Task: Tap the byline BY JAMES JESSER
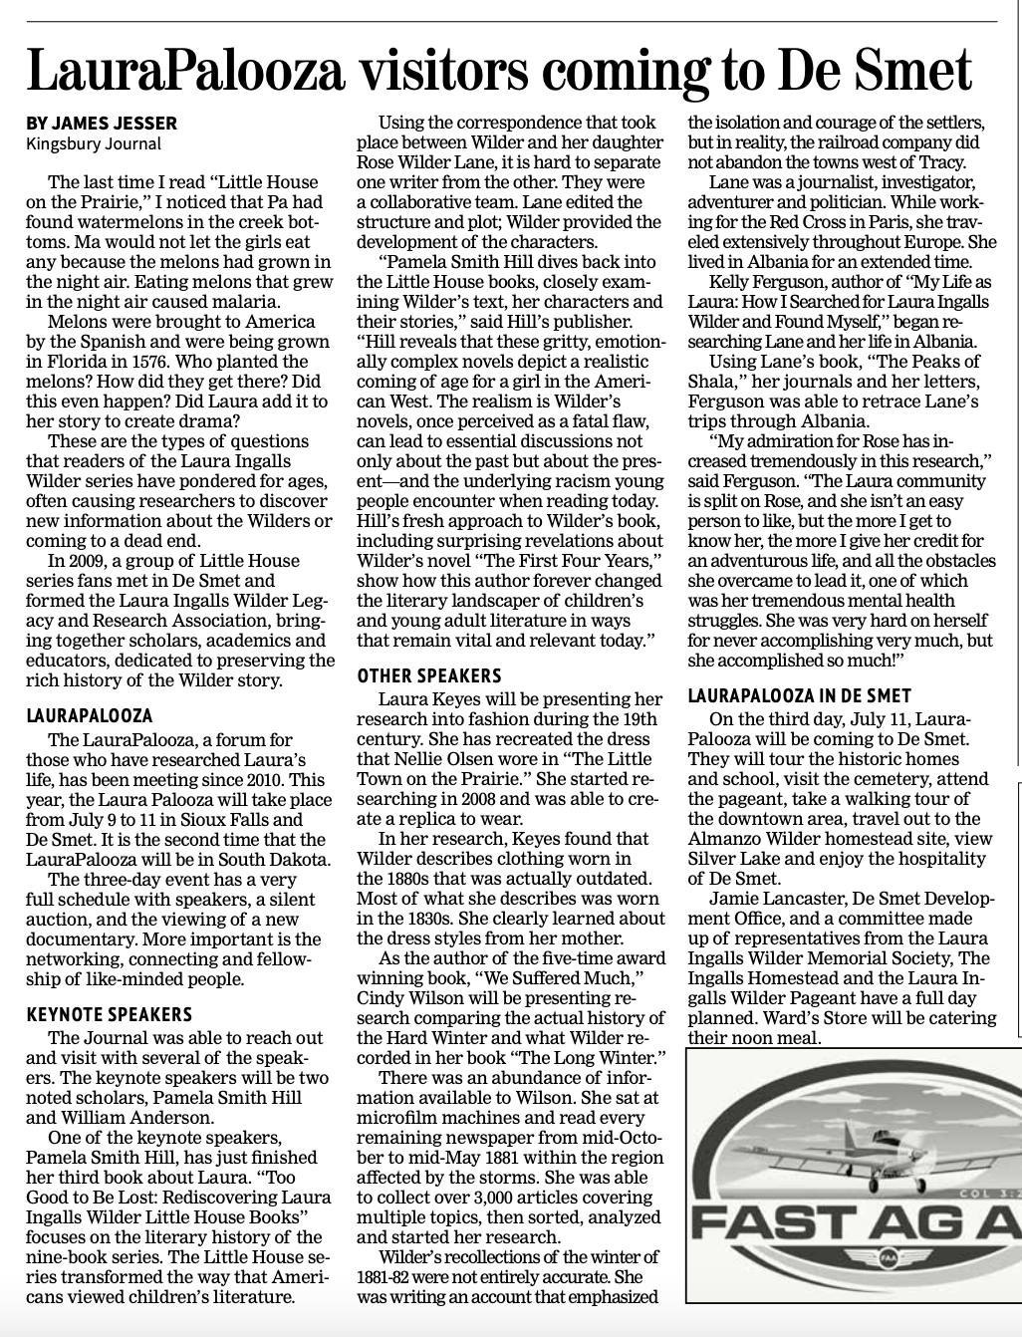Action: click(x=102, y=124)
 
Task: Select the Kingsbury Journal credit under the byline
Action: click(x=93, y=143)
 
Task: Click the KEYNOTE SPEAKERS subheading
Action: click(x=109, y=1015)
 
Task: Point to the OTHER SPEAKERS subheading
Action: click(x=429, y=676)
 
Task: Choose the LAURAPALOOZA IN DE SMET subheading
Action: click(x=800, y=696)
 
